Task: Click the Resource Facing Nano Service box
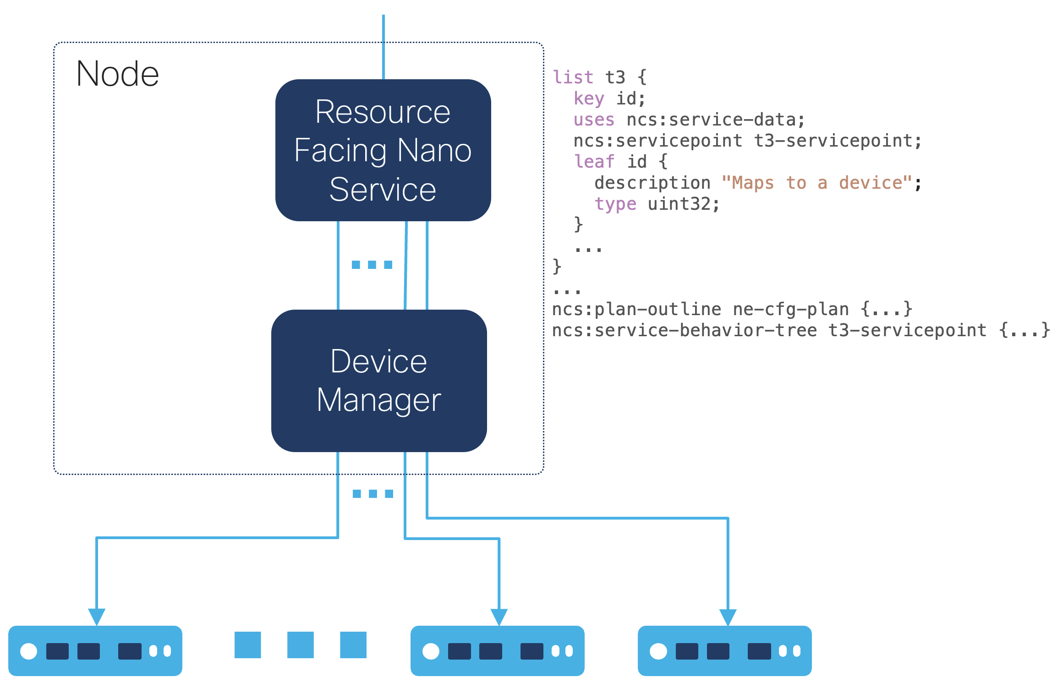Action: click(383, 150)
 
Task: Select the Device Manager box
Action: click(379, 381)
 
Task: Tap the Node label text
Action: click(117, 74)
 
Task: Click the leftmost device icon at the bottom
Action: click(95, 650)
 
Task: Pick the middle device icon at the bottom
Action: click(497, 650)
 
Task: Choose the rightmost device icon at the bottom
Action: click(724, 650)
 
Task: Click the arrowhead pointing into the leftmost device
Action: click(97, 616)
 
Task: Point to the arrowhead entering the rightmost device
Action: click(728, 617)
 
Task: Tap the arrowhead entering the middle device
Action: click(499, 617)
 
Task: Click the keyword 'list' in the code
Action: click(573, 77)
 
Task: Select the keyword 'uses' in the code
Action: click(594, 120)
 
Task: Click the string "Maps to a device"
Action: click(816, 183)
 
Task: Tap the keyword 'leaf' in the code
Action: click(594, 162)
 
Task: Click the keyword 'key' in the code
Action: click(589, 98)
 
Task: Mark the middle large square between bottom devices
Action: click(301, 644)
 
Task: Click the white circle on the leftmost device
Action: click(29, 651)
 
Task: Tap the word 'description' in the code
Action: click(652, 183)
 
